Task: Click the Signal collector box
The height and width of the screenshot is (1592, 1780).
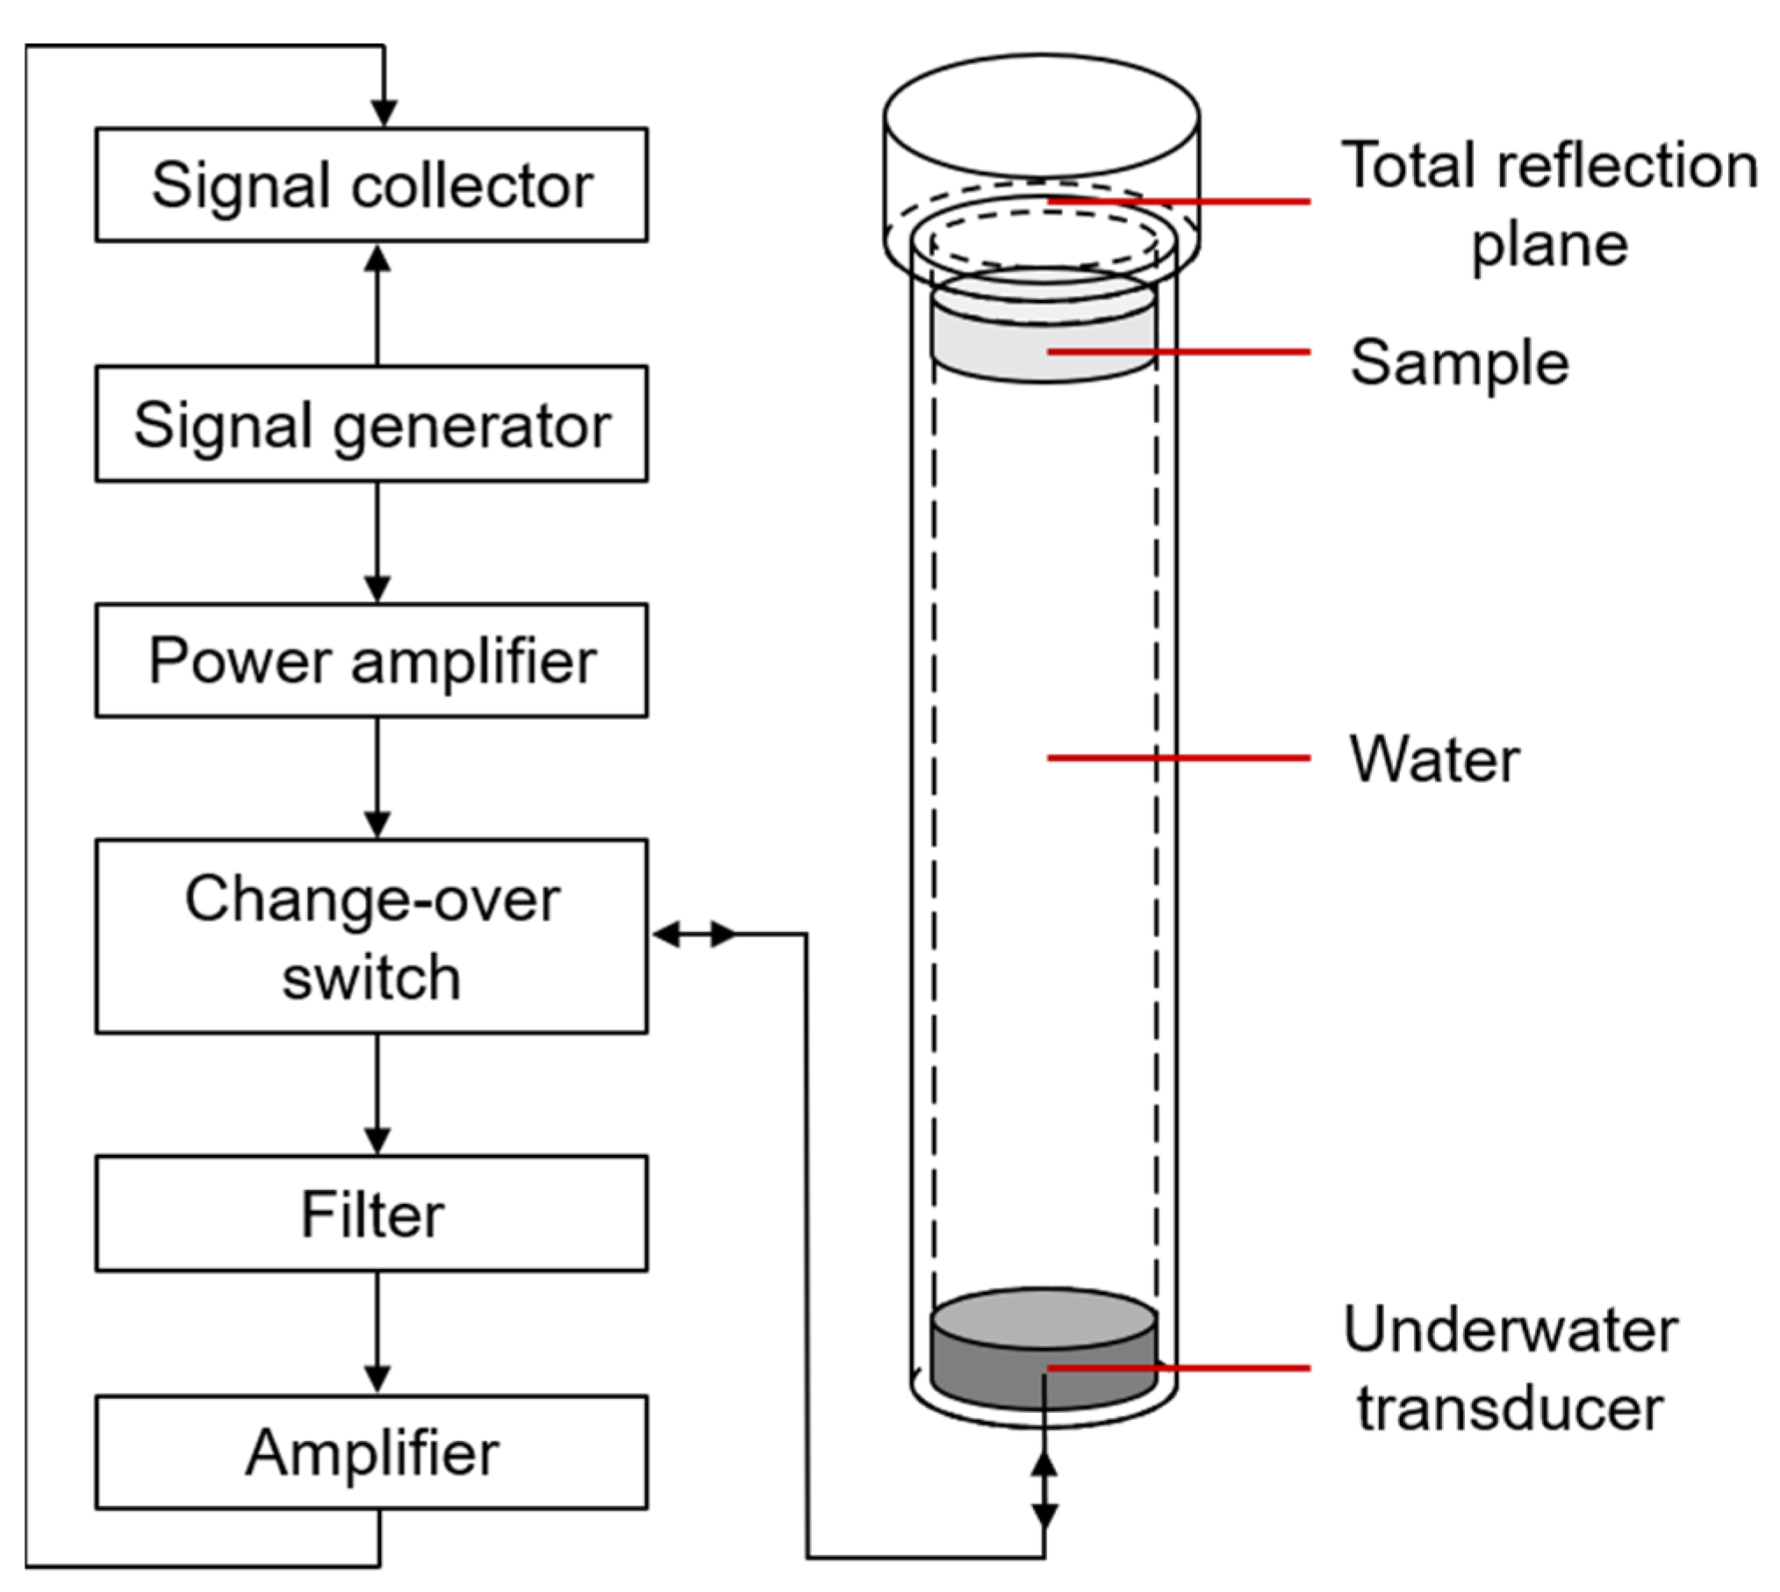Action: pyautogui.click(x=371, y=184)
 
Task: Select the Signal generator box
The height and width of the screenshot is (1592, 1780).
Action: pyautogui.click(x=371, y=424)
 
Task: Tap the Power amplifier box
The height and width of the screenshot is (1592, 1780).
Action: pyautogui.click(x=371, y=661)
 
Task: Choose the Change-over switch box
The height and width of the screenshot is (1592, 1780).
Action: pyautogui.click(x=371, y=936)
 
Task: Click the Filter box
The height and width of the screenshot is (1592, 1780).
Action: pyautogui.click(x=371, y=1214)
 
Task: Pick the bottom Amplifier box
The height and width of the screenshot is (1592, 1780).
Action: pyautogui.click(x=371, y=1452)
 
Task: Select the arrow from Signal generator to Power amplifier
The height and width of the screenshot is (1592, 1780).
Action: pyautogui.click(x=377, y=542)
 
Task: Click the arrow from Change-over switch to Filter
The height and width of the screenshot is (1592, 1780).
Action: pyautogui.click(x=377, y=1094)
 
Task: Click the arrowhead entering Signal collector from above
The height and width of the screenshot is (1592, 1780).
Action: pyautogui.click(x=384, y=112)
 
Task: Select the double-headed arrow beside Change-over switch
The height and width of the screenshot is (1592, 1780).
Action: pyautogui.click(x=694, y=935)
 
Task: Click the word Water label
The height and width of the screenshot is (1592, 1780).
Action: pyautogui.click(x=1434, y=759)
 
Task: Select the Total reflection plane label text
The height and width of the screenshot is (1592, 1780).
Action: pyautogui.click(x=1549, y=204)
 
